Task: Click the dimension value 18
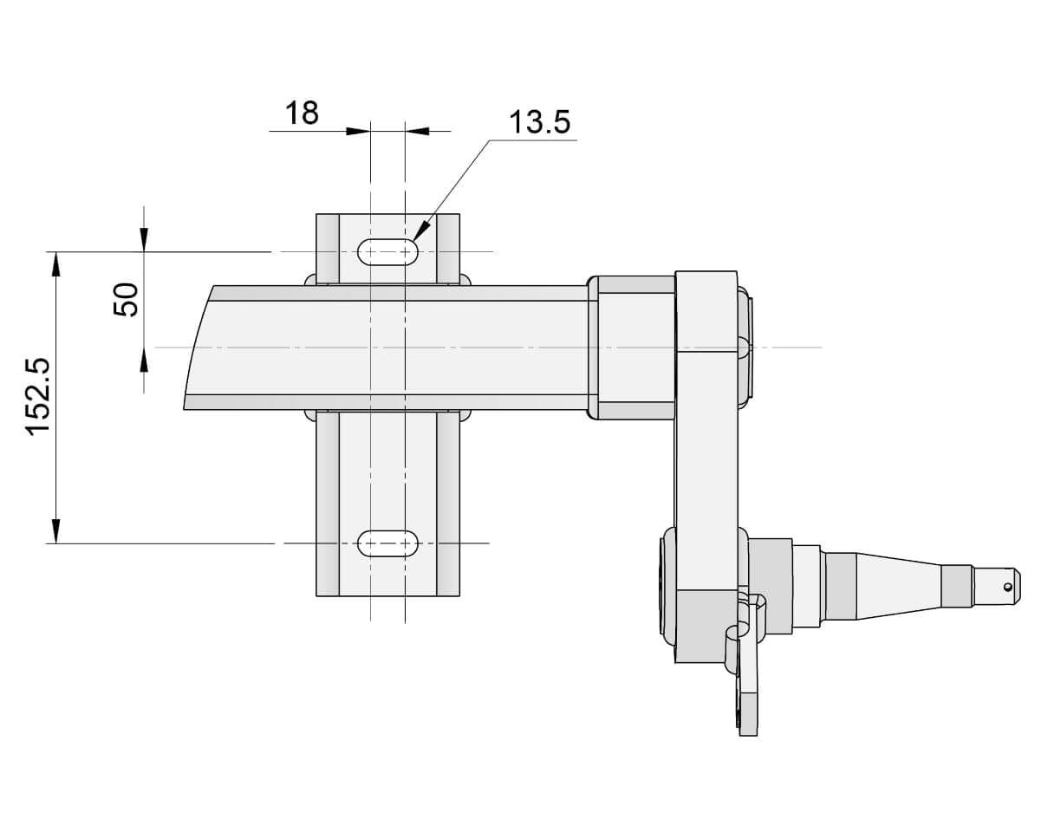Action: click(303, 113)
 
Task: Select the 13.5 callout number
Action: click(539, 122)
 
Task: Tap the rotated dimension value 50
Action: click(127, 300)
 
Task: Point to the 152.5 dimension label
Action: click(40, 397)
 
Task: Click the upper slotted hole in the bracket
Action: click(387, 251)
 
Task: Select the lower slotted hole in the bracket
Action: click(387, 543)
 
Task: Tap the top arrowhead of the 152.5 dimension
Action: click(56, 263)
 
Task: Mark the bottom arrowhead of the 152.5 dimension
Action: click(56, 531)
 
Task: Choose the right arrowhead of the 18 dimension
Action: click(416, 131)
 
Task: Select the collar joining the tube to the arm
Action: click(633, 347)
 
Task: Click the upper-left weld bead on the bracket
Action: click(309, 280)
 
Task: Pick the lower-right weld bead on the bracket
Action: click(465, 415)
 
